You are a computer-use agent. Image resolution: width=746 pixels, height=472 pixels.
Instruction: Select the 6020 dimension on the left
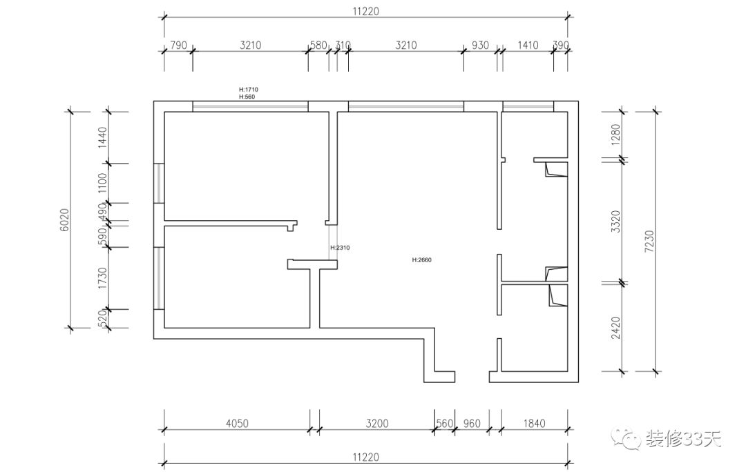[64, 219]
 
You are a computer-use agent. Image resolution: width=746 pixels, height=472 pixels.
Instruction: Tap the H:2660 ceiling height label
[421, 260]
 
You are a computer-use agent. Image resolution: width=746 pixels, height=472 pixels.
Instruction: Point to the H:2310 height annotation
[341, 247]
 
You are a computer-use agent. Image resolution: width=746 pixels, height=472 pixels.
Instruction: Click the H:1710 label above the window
[248, 90]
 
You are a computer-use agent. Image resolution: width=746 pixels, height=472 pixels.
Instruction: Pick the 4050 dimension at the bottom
[236, 424]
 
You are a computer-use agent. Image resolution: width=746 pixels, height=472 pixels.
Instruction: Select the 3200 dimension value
[376, 424]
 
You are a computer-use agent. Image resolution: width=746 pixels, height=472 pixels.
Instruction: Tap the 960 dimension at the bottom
[471, 424]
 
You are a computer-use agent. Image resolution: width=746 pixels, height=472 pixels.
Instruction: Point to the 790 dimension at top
[178, 46]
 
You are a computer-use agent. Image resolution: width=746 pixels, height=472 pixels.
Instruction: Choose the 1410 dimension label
[528, 46]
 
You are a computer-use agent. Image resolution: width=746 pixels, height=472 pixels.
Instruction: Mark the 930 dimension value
[480, 46]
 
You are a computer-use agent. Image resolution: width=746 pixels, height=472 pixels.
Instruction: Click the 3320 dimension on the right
[617, 221]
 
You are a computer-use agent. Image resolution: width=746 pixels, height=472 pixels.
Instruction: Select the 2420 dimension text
[617, 327]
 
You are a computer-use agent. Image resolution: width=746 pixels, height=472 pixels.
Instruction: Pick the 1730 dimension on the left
[103, 278]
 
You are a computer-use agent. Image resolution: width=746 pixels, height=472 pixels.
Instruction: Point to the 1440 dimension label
[103, 137]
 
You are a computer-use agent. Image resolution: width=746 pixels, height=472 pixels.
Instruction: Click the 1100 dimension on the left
[103, 184]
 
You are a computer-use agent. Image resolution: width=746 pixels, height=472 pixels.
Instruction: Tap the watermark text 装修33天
[683, 438]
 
